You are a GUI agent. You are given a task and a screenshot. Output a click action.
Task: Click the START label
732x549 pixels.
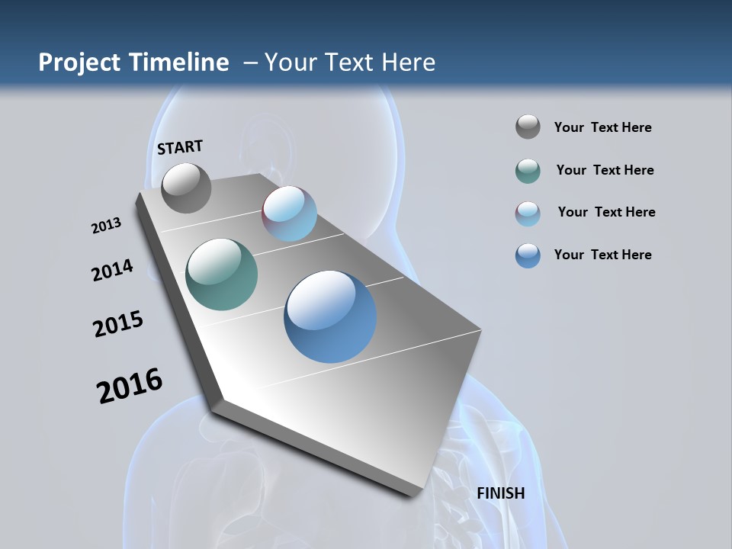(180, 147)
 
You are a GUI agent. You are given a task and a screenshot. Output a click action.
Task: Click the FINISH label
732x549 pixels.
(500, 493)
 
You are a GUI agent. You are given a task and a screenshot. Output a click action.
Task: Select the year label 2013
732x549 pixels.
(106, 226)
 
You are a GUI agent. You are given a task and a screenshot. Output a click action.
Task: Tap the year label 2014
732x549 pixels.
(112, 270)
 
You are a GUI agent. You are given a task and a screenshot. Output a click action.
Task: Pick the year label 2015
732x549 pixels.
(117, 324)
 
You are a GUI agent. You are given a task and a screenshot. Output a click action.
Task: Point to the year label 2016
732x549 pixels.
(130, 385)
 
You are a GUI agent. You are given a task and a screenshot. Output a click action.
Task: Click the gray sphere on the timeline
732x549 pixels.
(186, 188)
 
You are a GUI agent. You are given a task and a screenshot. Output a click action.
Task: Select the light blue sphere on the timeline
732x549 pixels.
(289, 213)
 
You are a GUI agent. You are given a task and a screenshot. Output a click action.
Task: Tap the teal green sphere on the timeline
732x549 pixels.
(221, 274)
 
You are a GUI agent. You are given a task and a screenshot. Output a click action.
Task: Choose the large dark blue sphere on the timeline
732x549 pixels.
(330, 316)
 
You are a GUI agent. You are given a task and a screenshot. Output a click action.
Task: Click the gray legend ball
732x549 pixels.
(528, 127)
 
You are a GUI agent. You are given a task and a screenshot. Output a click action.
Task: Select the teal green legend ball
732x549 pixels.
(528, 171)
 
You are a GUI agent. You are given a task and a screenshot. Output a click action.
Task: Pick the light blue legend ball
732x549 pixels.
(528, 213)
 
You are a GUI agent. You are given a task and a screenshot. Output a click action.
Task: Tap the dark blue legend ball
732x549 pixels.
(528, 255)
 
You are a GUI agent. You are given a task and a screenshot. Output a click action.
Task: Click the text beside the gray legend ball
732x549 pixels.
(602, 128)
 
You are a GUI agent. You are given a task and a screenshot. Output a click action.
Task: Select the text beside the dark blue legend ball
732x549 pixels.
(602, 255)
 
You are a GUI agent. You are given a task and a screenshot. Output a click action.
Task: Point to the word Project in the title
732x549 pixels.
(80, 63)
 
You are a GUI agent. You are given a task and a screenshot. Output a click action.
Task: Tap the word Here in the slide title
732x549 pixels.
(408, 63)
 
